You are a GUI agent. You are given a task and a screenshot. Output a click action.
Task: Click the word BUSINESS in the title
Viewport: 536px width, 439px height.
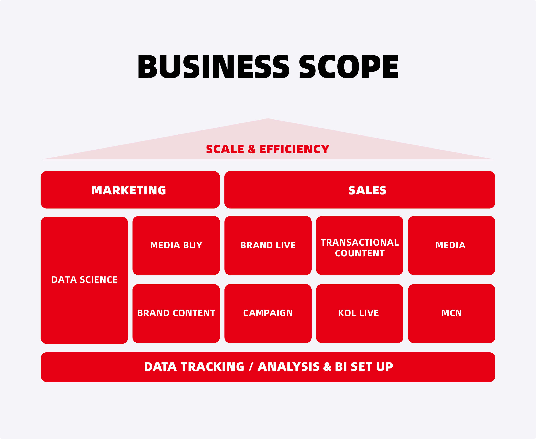click(213, 67)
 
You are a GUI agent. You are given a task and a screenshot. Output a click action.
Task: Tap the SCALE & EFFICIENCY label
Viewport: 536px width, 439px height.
click(268, 149)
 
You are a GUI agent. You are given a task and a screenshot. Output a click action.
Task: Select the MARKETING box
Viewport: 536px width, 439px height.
click(130, 190)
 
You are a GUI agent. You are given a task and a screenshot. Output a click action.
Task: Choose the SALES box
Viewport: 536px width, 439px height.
click(360, 190)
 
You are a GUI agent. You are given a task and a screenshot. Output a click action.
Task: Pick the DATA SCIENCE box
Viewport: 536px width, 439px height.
click(84, 280)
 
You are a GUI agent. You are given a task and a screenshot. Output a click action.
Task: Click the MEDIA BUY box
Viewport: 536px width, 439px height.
click(176, 245)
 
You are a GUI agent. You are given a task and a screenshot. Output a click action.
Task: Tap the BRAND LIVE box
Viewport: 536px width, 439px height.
click(268, 245)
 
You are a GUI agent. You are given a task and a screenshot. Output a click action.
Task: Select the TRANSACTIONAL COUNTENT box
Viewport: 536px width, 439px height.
click(360, 245)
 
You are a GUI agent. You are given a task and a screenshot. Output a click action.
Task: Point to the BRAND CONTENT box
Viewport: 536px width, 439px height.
click(176, 314)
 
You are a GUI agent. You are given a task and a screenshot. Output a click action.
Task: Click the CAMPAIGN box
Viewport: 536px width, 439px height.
click(268, 314)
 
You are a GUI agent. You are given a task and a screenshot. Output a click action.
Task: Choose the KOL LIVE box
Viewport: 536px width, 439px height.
click(360, 314)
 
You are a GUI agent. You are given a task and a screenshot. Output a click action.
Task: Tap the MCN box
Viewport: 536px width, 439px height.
click(451, 314)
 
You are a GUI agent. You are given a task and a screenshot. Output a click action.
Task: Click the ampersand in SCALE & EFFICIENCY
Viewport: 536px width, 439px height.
click(252, 149)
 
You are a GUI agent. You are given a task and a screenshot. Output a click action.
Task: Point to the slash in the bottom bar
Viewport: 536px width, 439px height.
click(251, 367)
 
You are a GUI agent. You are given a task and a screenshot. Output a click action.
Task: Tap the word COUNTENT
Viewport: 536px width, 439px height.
click(360, 253)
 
